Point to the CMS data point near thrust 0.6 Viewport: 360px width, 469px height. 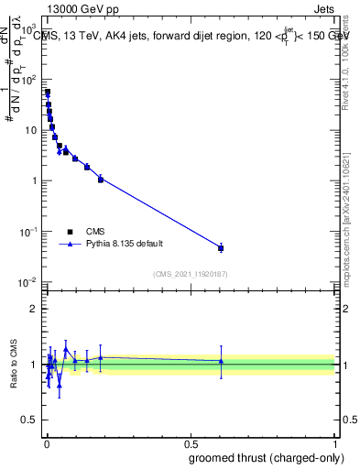221,248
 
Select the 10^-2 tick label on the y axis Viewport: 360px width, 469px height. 28,281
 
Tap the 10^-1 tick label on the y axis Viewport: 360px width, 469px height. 28,231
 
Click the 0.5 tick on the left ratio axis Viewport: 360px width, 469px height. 31,422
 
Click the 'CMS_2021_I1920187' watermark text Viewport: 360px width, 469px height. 189,274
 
